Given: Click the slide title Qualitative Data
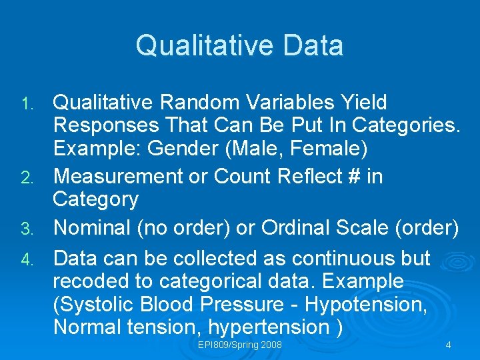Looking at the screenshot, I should coord(239,46).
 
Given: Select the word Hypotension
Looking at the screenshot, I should coord(363,305).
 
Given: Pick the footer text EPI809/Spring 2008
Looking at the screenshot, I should coord(239,345).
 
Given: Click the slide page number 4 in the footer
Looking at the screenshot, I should coord(448,345).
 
